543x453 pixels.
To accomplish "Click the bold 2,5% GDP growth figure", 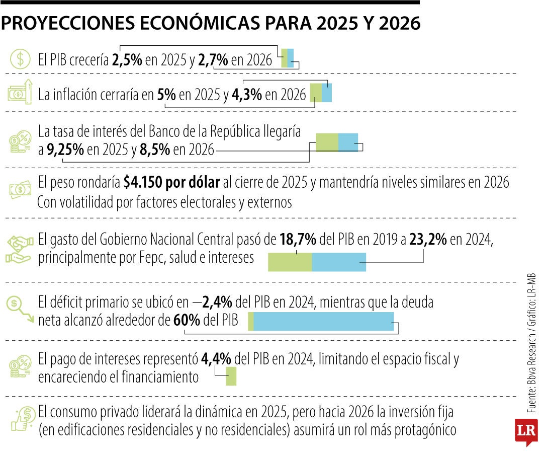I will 127,60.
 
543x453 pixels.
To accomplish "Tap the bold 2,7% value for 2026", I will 214,60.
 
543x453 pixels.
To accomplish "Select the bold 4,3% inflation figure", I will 247,95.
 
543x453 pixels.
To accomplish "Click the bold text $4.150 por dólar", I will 172,183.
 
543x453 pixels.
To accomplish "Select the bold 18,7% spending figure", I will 298,240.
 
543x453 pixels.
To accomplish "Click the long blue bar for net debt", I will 324,321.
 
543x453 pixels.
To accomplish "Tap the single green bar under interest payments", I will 231,376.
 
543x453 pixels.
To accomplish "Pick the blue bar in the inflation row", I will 327,93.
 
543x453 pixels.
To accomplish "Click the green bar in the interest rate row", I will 327,142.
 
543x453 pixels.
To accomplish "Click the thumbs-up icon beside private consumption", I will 21,420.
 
